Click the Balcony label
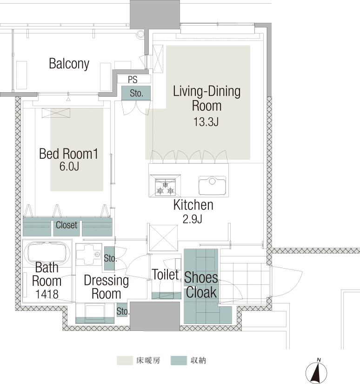click(x=69, y=64)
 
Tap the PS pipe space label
click(x=133, y=80)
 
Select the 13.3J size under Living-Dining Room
click(x=206, y=121)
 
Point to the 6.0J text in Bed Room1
click(x=69, y=167)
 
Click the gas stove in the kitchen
click(x=165, y=186)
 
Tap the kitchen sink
click(x=212, y=185)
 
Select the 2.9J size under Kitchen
click(x=193, y=219)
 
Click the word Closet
click(x=67, y=225)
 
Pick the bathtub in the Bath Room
click(x=47, y=252)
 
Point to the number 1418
click(x=47, y=294)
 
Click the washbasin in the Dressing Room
click(x=89, y=255)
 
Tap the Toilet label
click(x=166, y=274)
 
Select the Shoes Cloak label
click(x=201, y=285)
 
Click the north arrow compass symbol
click(x=316, y=373)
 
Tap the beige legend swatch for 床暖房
click(x=125, y=360)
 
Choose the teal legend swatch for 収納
click(x=179, y=360)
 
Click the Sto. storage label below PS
click(x=136, y=93)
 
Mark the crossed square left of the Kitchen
click(x=163, y=238)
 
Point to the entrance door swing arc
click(x=293, y=282)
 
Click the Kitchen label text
click(x=193, y=205)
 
